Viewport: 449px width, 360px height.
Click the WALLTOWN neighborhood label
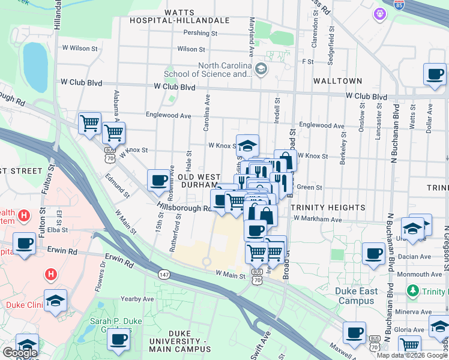(337, 81)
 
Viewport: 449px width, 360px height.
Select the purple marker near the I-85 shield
(379, 13)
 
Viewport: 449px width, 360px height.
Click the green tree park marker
(412, 291)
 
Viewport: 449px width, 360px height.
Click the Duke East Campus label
(357, 296)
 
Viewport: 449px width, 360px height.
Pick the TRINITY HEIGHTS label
(328, 208)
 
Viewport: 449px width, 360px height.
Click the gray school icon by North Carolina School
(260, 70)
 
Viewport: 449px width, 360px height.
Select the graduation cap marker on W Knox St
(247, 145)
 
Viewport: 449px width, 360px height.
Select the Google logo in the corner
(20, 353)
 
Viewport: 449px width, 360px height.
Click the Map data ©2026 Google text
(412, 355)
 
